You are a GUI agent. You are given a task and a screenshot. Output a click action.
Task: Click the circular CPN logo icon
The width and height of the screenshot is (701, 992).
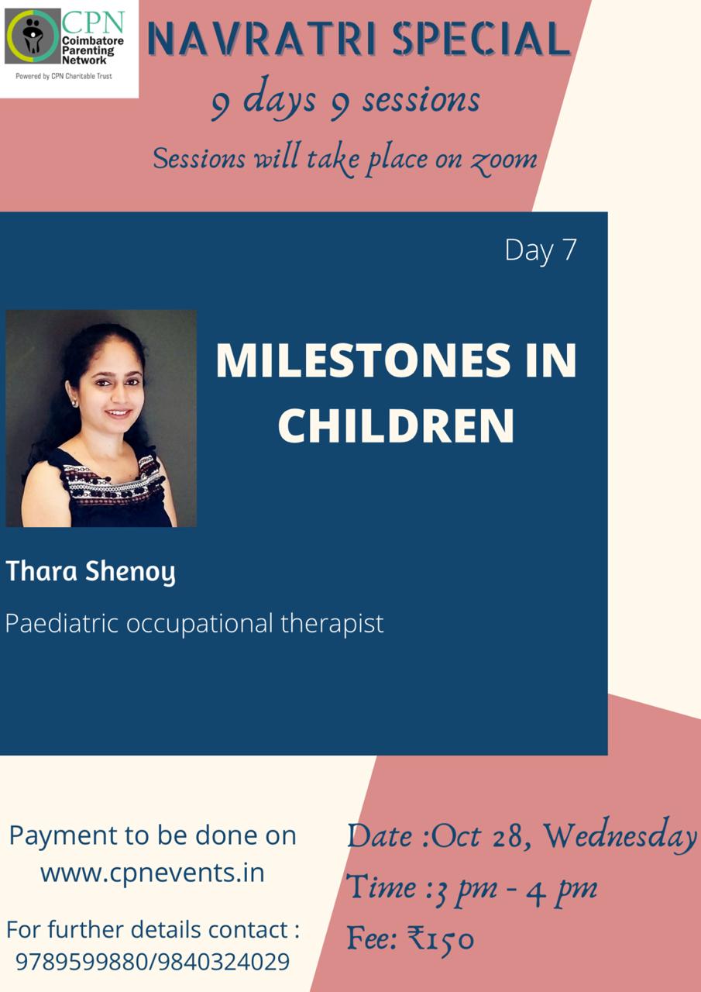(33, 36)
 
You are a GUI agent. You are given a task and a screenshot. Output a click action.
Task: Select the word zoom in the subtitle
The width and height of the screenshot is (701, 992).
(503, 160)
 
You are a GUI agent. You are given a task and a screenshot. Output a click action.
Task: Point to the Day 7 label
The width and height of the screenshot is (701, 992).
(541, 250)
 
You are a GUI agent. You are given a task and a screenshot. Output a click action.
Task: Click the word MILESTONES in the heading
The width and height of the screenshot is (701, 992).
(363, 360)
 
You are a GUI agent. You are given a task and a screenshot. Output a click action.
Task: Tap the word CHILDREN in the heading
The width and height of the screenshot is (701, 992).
(396, 425)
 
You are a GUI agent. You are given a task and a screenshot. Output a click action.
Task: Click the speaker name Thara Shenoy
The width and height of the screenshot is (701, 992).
(91, 572)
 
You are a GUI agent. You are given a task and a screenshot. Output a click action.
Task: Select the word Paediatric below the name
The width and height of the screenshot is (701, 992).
(62, 623)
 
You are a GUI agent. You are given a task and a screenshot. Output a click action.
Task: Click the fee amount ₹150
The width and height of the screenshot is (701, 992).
(441, 939)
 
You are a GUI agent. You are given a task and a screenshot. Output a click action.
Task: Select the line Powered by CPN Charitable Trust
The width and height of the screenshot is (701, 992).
(64, 76)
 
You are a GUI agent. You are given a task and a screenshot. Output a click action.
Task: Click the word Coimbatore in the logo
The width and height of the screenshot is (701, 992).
(93, 41)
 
